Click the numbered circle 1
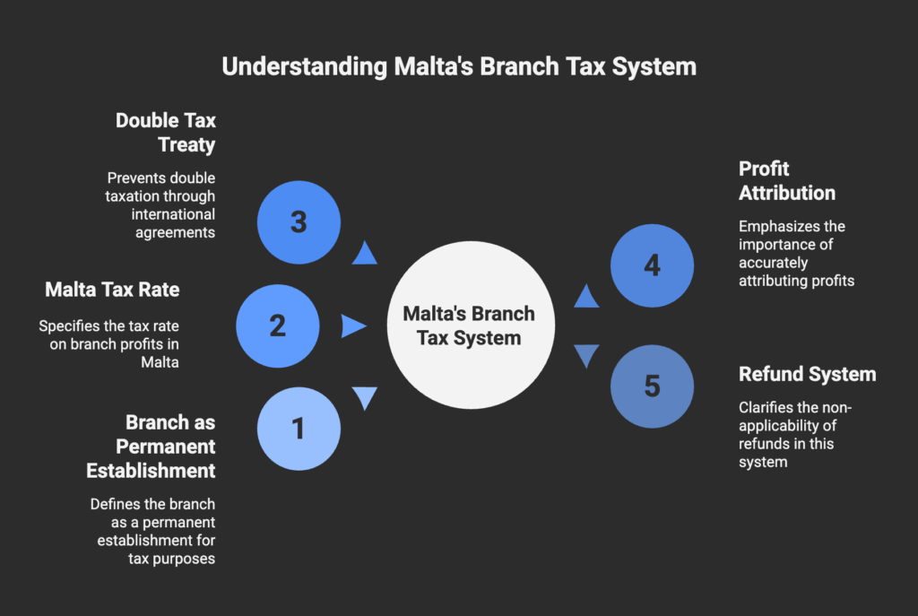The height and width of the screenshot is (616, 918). [299, 429]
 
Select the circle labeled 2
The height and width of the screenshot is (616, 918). [278, 326]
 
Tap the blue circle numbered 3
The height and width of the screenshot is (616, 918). [299, 222]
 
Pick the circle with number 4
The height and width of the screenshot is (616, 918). [653, 265]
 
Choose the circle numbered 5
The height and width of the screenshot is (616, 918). [653, 386]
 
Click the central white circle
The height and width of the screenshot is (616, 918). [471, 325]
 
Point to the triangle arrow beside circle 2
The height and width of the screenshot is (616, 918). [352, 326]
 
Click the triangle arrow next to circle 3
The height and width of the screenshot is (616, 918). [364, 254]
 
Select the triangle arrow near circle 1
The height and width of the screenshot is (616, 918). [365, 397]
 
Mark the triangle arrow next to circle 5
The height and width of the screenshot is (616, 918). [586, 355]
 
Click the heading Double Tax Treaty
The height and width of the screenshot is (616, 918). [166, 133]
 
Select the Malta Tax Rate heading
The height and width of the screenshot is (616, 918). [112, 290]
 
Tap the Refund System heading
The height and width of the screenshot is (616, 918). [808, 374]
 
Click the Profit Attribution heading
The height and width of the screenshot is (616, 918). [787, 181]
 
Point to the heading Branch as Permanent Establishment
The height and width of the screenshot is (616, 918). [151, 447]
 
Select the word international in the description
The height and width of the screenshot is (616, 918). [173, 214]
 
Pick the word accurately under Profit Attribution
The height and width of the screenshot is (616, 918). [773, 263]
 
